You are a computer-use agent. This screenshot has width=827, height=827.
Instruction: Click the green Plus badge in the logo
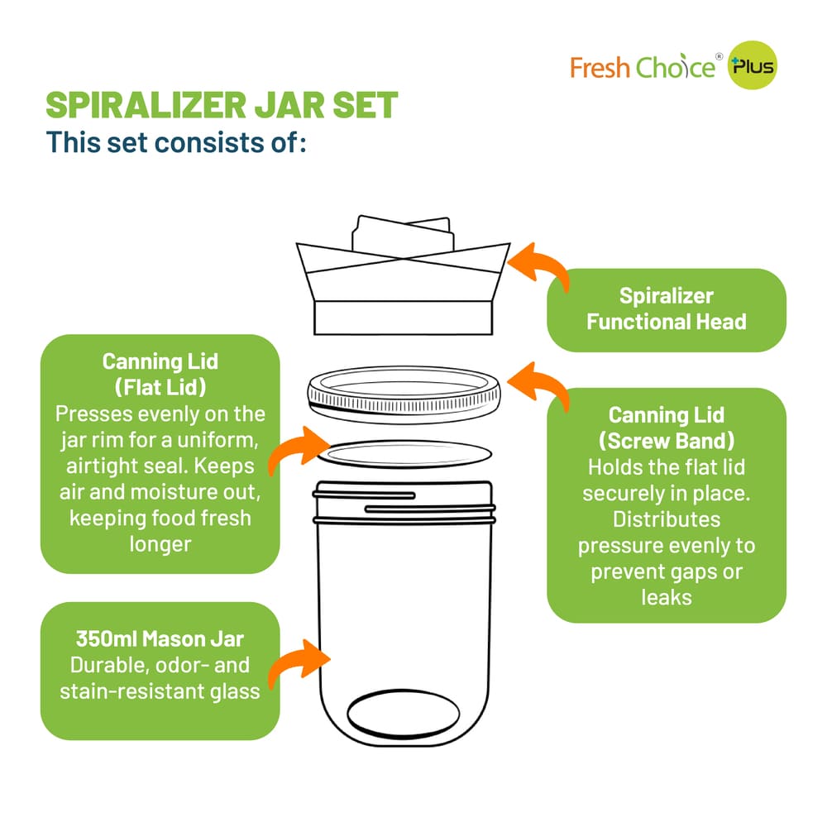click(x=753, y=67)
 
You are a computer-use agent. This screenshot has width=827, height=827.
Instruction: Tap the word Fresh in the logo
click(x=600, y=67)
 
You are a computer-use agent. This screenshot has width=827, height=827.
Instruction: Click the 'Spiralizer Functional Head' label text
click(x=666, y=309)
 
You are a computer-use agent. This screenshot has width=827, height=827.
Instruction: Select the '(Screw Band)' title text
click(x=667, y=440)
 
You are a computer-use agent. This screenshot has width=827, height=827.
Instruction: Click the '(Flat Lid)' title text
click(x=160, y=386)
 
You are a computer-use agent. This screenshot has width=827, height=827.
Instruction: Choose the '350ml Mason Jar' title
click(x=160, y=639)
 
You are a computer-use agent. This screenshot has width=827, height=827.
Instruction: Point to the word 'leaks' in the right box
click(x=667, y=596)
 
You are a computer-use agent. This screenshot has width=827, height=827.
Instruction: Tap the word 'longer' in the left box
click(x=160, y=543)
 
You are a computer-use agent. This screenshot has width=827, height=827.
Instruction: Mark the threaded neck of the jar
click(x=403, y=506)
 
